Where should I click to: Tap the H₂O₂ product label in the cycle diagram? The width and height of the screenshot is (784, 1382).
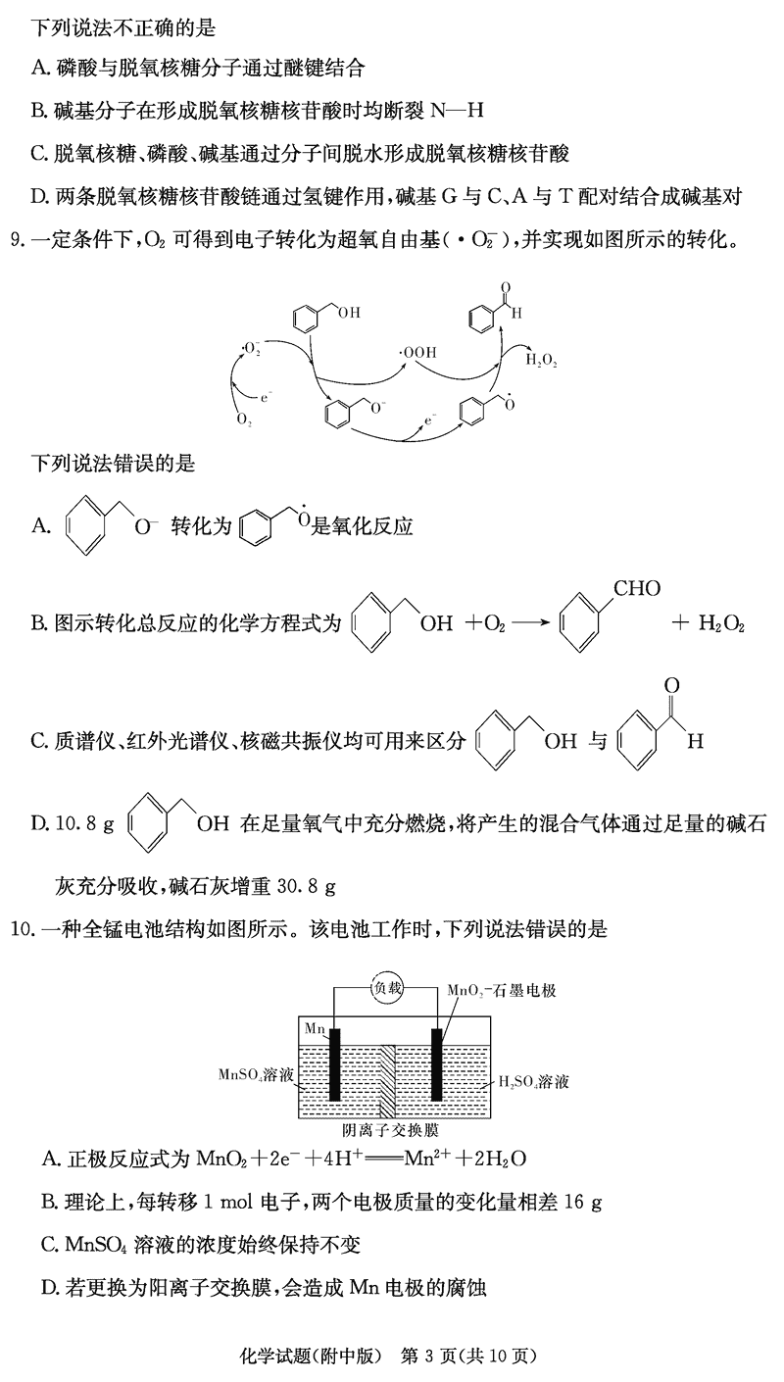click(541, 361)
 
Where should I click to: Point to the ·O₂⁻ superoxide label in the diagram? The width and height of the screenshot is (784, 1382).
click(250, 348)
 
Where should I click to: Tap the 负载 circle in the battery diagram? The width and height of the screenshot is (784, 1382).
click(387, 988)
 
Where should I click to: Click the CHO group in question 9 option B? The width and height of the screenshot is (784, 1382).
click(636, 588)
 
